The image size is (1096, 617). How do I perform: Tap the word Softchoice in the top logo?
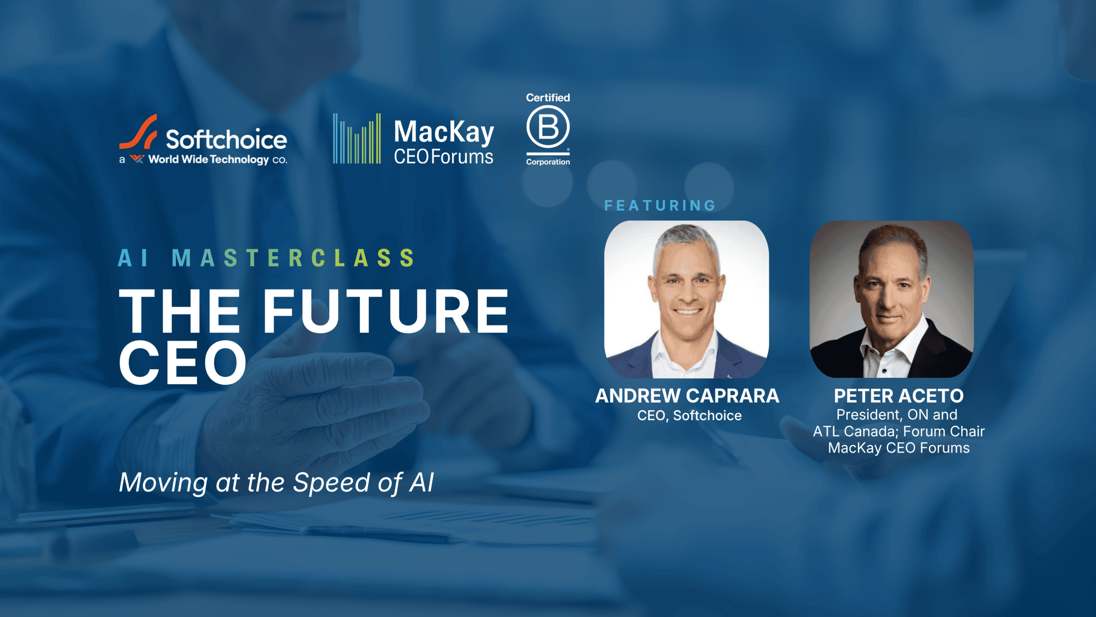226,139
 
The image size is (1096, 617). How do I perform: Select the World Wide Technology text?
208,159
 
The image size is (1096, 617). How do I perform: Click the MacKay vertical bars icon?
357,138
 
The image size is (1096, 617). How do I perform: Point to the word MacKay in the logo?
444,132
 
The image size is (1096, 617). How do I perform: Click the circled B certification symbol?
548,127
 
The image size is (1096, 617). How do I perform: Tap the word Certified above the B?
548,98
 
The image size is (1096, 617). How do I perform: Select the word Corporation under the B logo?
548,162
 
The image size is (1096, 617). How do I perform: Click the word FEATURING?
660,206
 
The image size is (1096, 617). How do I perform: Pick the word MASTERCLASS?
293,258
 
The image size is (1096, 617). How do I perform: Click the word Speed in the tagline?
331,483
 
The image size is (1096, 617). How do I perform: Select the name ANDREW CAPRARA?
687,396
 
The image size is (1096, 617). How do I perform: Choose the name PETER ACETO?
899,396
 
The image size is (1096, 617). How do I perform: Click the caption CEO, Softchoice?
689,416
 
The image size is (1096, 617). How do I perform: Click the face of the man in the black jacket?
893,291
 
